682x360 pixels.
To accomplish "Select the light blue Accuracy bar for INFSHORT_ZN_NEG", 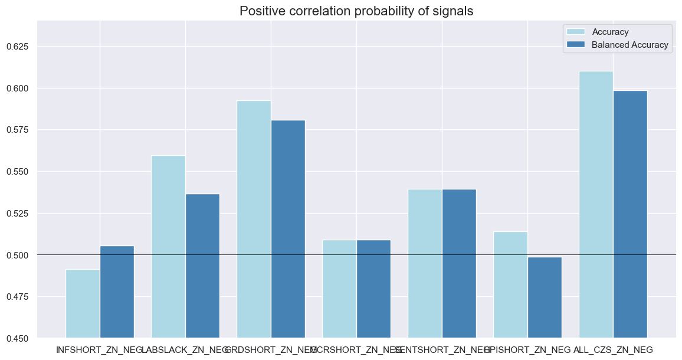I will (x=83, y=303).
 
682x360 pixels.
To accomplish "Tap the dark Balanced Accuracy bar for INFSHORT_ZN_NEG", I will (x=117, y=292).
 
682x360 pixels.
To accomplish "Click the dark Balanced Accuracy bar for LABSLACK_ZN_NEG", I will (x=202, y=266).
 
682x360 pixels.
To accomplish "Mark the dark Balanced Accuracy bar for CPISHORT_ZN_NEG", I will (x=545, y=297).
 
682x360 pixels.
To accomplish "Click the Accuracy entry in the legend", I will (x=610, y=32).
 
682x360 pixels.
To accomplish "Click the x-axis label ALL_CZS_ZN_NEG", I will (x=613, y=350).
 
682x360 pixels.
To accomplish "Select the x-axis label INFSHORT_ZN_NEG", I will (x=100, y=350).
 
